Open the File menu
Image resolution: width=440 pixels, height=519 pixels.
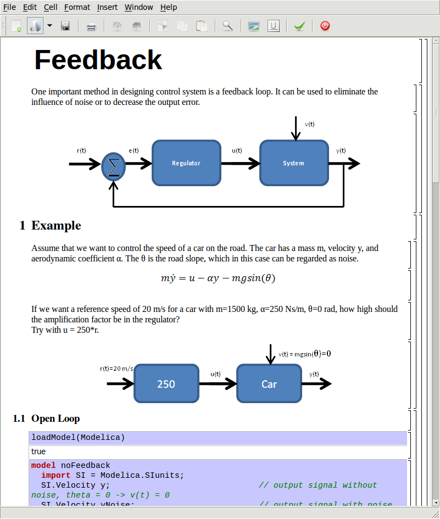click(10, 7)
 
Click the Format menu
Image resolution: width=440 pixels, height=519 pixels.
click(77, 7)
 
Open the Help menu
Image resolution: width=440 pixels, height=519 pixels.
click(169, 7)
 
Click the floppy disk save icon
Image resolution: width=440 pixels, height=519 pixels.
click(65, 26)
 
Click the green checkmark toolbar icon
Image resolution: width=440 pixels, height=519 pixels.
click(299, 26)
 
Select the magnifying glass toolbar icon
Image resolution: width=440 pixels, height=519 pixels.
click(227, 26)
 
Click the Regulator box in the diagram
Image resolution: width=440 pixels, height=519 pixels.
click(186, 163)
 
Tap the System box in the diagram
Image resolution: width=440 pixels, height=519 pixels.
click(294, 163)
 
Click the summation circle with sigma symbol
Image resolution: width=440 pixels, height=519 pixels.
click(114, 164)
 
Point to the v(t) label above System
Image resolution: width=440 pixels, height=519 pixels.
click(310, 124)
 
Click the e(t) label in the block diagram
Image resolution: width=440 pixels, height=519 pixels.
click(133, 150)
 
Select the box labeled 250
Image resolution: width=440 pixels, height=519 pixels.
click(166, 384)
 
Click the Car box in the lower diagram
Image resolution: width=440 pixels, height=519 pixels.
click(269, 384)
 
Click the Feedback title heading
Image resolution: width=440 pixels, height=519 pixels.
click(98, 60)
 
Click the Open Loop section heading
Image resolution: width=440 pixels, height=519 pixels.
click(55, 418)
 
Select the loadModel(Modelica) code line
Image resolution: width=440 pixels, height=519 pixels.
click(78, 438)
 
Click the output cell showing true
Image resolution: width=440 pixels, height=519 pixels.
click(38, 451)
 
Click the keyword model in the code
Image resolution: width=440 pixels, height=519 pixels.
click(43, 465)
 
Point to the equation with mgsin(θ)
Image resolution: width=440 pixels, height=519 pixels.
click(218, 278)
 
